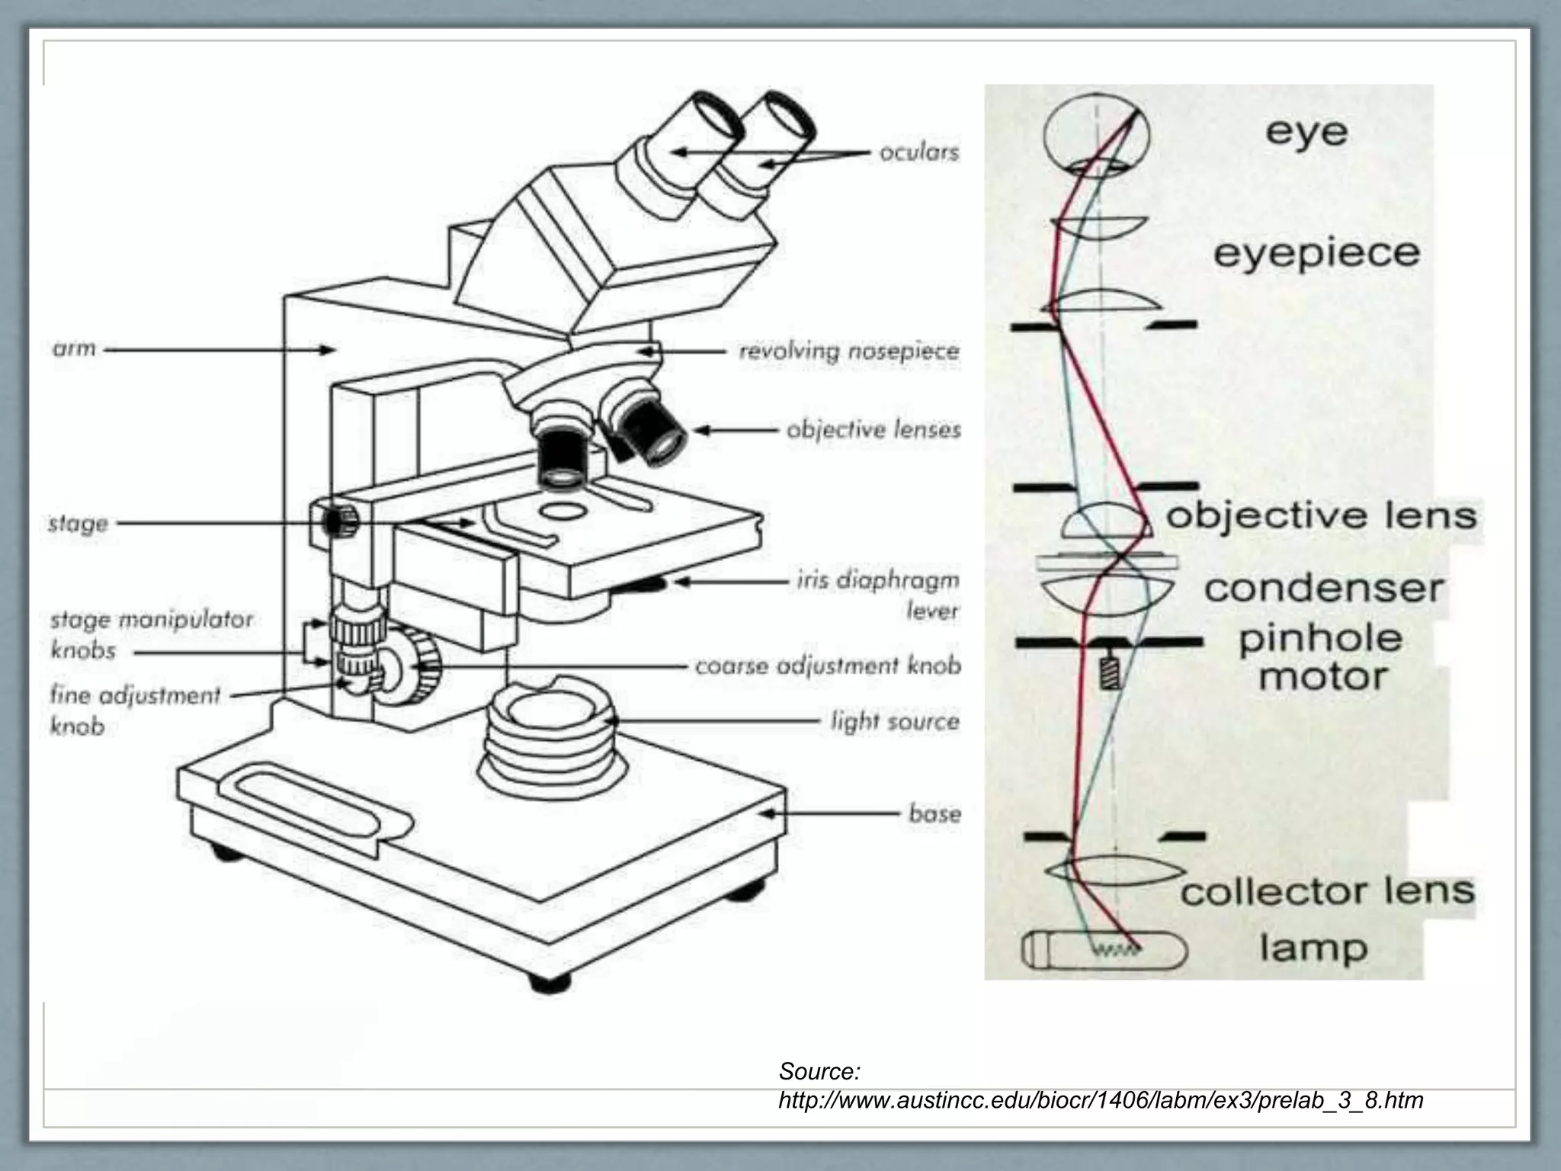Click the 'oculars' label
point(918,152)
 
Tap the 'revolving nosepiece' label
point(848,351)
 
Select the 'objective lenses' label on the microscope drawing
point(873,430)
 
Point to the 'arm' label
point(74,349)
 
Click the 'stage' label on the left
point(78,524)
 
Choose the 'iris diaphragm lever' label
point(878,595)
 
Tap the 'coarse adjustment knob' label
point(827,666)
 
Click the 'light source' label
point(894,721)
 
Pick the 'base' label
point(934,813)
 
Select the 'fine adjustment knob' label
point(133,710)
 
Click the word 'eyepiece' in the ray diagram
point(1316,252)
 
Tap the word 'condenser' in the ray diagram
point(1323,589)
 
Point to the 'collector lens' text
point(1327,891)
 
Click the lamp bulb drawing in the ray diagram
point(1104,950)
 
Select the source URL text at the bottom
point(1100,1100)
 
